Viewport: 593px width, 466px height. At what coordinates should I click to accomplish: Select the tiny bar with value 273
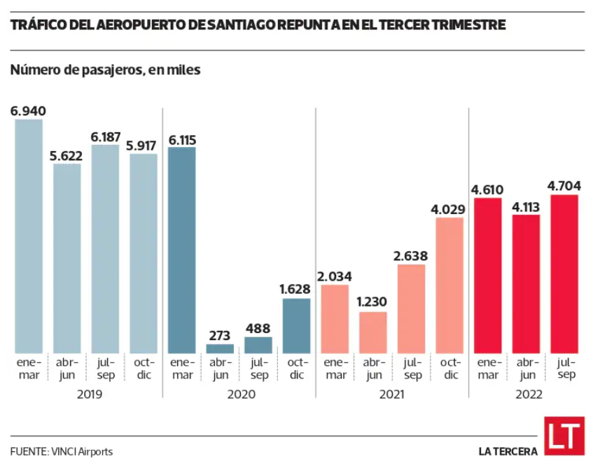pyautogui.click(x=220, y=348)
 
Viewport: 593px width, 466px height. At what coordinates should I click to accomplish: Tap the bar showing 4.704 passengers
pyautogui.click(x=564, y=274)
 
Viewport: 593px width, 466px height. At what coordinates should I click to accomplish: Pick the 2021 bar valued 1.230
pyautogui.click(x=373, y=332)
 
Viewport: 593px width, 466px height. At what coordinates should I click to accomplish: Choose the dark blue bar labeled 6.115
pyautogui.click(x=182, y=250)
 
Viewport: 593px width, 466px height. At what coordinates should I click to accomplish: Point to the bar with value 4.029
pyautogui.click(x=449, y=285)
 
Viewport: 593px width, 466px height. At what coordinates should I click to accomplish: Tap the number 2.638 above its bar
pyautogui.click(x=411, y=256)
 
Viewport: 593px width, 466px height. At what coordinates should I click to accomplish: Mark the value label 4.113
pyautogui.click(x=526, y=206)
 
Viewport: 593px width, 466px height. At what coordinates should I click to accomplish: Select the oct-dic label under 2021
pyautogui.click(x=449, y=369)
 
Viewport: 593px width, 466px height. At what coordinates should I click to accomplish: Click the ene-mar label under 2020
pyautogui.click(x=182, y=369)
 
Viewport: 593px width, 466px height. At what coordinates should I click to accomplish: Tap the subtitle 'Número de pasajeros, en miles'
pyautogui.click(x=106, y=71)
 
